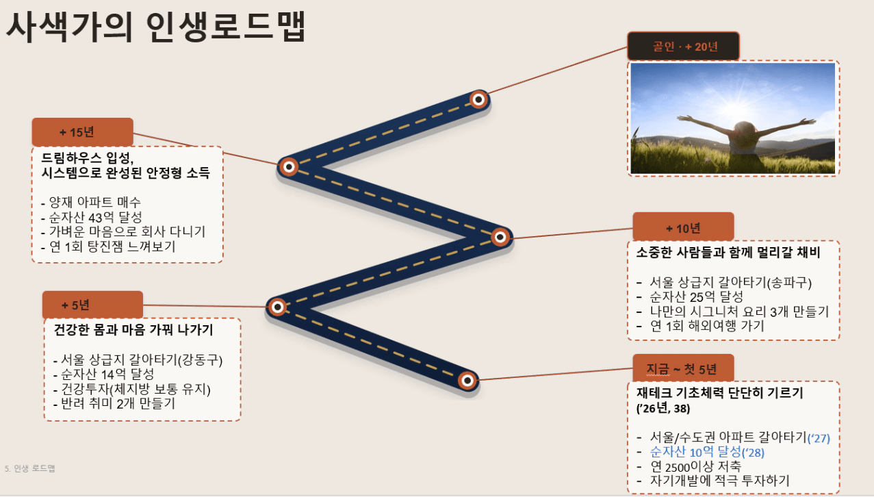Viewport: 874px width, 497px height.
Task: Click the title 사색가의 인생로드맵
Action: tap(155, 27)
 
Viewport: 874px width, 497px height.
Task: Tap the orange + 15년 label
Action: tap(82, 132)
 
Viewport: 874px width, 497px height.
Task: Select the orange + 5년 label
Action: tap(92, 305)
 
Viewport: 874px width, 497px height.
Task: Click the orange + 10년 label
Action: tap(683, 227)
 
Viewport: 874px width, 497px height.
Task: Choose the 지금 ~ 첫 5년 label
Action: tap(683, 368)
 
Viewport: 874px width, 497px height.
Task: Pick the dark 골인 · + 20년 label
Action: tap(683, 46)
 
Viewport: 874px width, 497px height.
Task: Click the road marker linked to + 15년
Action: tap(289, 167)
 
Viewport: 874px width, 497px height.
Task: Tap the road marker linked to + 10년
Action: tap(500, 237)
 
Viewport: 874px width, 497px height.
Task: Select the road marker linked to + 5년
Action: tap(277, 307)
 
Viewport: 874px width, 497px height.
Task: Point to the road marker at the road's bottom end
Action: tap(467, 380)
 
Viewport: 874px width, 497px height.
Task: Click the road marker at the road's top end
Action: tap(478, 99)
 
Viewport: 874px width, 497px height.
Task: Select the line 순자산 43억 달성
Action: tap(92, 217)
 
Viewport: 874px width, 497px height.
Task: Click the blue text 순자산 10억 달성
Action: tap(695, 452)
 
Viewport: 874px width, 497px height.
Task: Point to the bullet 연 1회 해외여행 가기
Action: tap(700, 326)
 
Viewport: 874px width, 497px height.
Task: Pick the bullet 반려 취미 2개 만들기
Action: tap(114, 403)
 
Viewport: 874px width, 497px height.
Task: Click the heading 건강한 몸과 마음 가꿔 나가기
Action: tap(133, 329)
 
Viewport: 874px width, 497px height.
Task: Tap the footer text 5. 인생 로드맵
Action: tap(30, 468)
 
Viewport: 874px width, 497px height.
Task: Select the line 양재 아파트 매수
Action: tap(91, 202)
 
